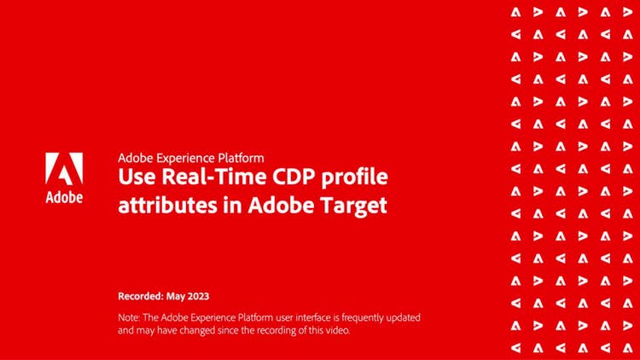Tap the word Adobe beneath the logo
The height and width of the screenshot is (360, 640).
click(x=64, y=198)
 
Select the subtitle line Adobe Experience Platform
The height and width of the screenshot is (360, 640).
click(x=191, y=158)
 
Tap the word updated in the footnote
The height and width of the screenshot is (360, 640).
click(x=399, y=317)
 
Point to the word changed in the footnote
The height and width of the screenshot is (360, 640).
click(x=192, y=329)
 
